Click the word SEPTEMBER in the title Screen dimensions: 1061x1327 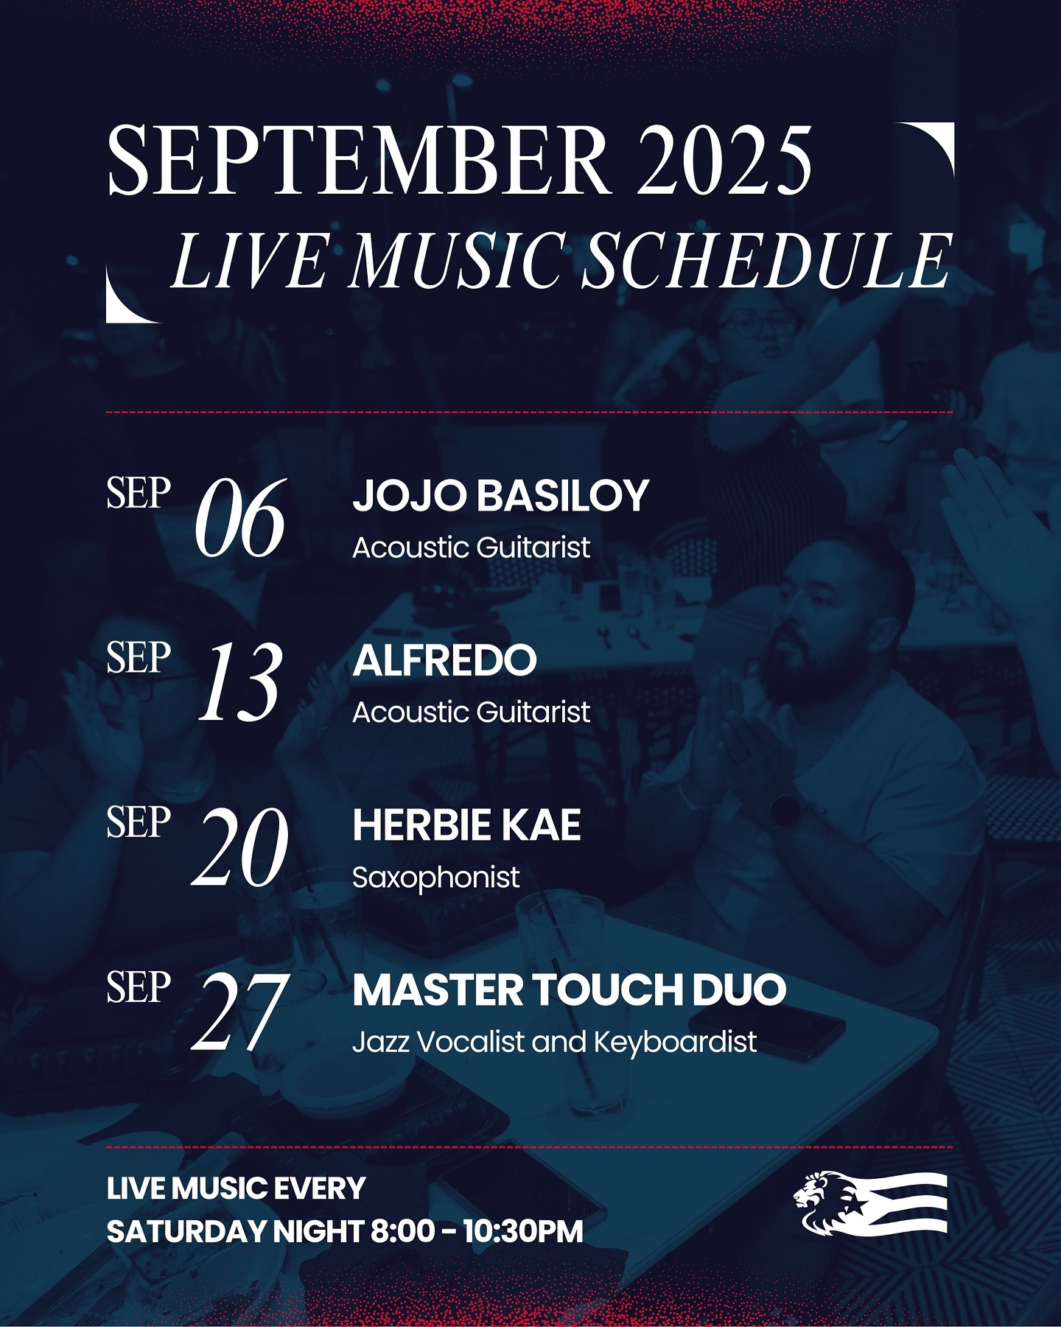pos(359,160)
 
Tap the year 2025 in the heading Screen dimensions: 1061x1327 pos(725,160)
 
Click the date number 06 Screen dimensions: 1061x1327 pos(239,518)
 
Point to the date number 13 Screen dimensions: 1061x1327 pos(239,682)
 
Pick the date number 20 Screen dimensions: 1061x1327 pos(239,847)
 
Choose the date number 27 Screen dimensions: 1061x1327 pos(239,1012)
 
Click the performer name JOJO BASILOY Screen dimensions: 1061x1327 pos(500,496)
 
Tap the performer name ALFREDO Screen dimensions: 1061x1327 pos(444,660)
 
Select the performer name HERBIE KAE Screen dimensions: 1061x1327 pos(466,825)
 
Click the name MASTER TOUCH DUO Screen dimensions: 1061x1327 pos(569,990)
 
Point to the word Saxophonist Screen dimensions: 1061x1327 pos(435,878)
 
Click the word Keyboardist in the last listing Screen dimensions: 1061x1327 pos(675,1043)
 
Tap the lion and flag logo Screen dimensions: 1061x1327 pos(870,1202)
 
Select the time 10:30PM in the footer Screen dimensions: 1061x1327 pos(522,1231)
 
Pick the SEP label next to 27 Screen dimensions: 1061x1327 pos(139,987)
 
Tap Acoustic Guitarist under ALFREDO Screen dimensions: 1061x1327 pos(471,712)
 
